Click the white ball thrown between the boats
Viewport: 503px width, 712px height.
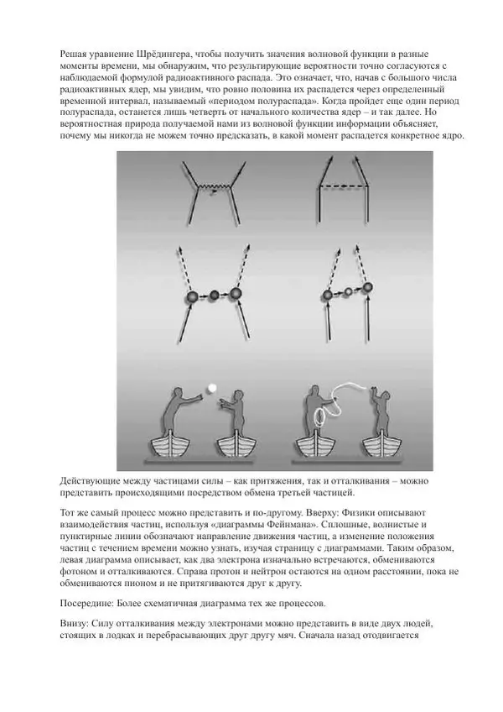(x=213, y=387)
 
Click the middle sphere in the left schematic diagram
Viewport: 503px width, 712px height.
(x=215, y=295)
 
